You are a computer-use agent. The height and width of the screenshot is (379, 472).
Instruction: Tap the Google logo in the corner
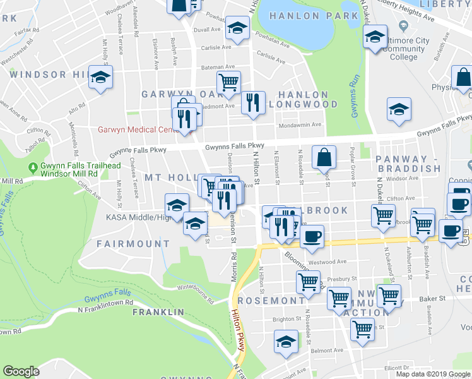click(x=21, y=371)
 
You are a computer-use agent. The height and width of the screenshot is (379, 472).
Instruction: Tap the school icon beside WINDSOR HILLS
click(x=100, y=78)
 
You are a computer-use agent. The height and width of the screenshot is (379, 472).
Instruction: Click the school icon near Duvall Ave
click(x=237, y=28)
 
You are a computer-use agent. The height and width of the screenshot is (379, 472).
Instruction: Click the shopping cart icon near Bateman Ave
click(x=228, y=81)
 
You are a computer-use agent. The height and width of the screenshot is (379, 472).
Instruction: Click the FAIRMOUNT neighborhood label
click(x=133, y=243)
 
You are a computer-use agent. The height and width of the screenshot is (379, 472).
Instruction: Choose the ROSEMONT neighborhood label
click(x=271, y=301)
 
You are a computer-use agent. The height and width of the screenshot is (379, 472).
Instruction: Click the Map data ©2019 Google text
click(x=432, y=373)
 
